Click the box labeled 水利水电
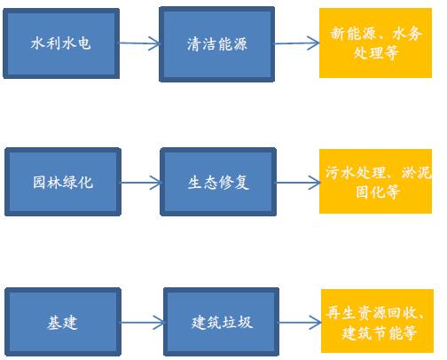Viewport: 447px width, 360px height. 61,43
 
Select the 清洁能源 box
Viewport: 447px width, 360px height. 217,44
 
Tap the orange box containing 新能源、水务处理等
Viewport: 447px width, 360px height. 375,43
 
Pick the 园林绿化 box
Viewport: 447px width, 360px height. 63,182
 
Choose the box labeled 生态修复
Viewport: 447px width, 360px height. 218,182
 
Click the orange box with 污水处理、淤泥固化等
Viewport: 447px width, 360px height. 375,181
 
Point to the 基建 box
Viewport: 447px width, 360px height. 63,322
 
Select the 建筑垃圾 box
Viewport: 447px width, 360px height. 222,322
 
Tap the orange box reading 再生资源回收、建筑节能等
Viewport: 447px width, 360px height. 377,321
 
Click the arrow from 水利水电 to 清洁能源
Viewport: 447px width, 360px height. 139,43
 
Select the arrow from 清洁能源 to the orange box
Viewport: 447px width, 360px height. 297,43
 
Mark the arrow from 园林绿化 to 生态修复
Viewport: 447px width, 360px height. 141,183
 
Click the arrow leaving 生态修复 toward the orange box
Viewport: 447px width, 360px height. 298,183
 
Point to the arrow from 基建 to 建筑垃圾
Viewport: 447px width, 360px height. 143,322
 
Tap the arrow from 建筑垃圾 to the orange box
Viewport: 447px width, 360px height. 301,322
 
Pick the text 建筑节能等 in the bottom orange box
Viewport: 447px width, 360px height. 379,333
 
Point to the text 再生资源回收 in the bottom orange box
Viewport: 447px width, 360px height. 372,312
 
